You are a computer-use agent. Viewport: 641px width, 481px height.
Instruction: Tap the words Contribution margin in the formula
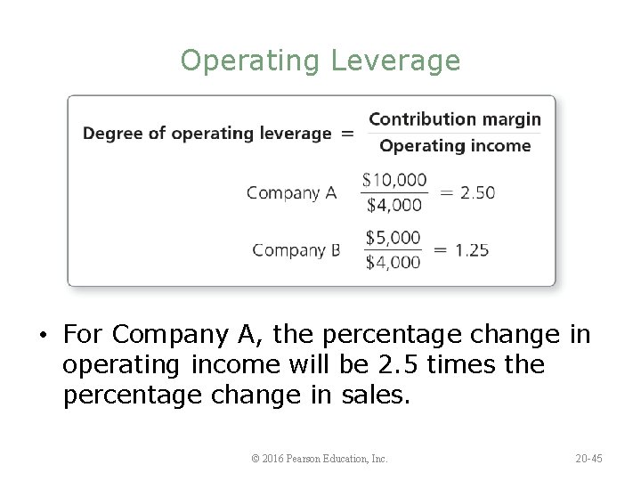click(x=454, y=118)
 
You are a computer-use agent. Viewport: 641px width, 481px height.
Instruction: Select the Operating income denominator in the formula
click(x=454, y=146)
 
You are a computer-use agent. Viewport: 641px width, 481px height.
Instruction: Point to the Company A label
click(x=292, y=192)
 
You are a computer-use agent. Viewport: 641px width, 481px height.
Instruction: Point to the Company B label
click(x=296, y=250)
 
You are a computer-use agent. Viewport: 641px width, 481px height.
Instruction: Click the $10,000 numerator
click(x=394, y=180)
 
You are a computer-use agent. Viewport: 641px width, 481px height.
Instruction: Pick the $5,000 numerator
click(x=394, y=238)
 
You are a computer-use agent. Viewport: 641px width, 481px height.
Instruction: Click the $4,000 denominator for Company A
click(x=394, y=205)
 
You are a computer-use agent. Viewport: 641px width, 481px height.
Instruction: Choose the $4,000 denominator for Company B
click(x=394, y=262)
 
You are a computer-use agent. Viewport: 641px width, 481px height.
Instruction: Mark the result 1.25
click(x=471, y=250)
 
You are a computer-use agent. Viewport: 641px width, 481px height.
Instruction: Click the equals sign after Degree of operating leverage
click(x=346, y=134)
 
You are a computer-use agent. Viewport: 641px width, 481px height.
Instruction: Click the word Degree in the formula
click(x=110, y=134)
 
